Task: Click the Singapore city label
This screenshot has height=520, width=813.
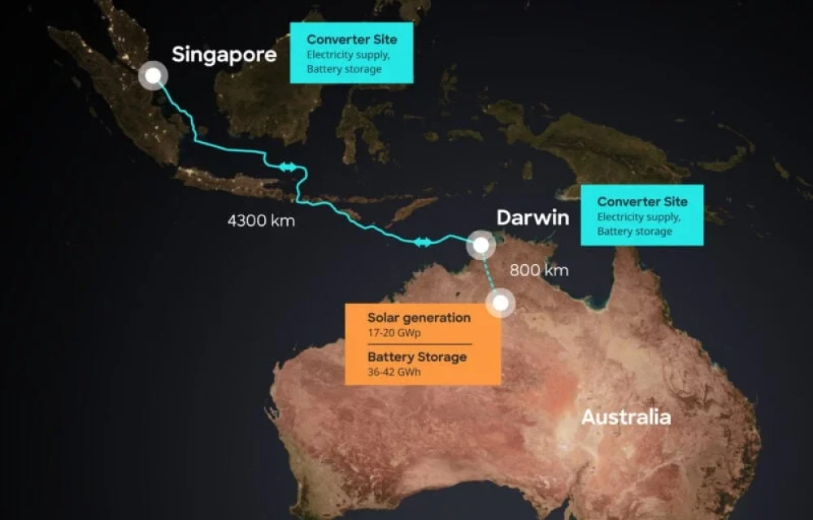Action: pos(224,55)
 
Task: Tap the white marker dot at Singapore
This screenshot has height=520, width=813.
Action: pos(152,76)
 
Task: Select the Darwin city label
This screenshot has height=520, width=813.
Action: pos(533,219)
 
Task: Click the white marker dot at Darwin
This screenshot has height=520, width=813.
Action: pos(481,244)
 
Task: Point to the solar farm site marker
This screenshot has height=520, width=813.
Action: pos(501,304)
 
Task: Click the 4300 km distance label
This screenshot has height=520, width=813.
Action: pos(261,220)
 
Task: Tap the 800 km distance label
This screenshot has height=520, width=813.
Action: pos(539,271)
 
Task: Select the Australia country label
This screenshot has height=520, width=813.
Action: pos(625,418)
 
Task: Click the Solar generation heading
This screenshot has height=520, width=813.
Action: pos(419,318)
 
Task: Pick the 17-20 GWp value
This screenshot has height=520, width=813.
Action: pos(394,333)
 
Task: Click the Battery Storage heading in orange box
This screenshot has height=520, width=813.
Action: pos(417,357)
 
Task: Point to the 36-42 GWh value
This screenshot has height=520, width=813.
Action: pos(395,373)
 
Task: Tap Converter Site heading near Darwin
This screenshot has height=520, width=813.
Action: pos(641,201)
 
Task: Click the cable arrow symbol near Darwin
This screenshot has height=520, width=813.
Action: pos(423,241)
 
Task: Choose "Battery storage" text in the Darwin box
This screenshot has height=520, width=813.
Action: pos(635,232)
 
